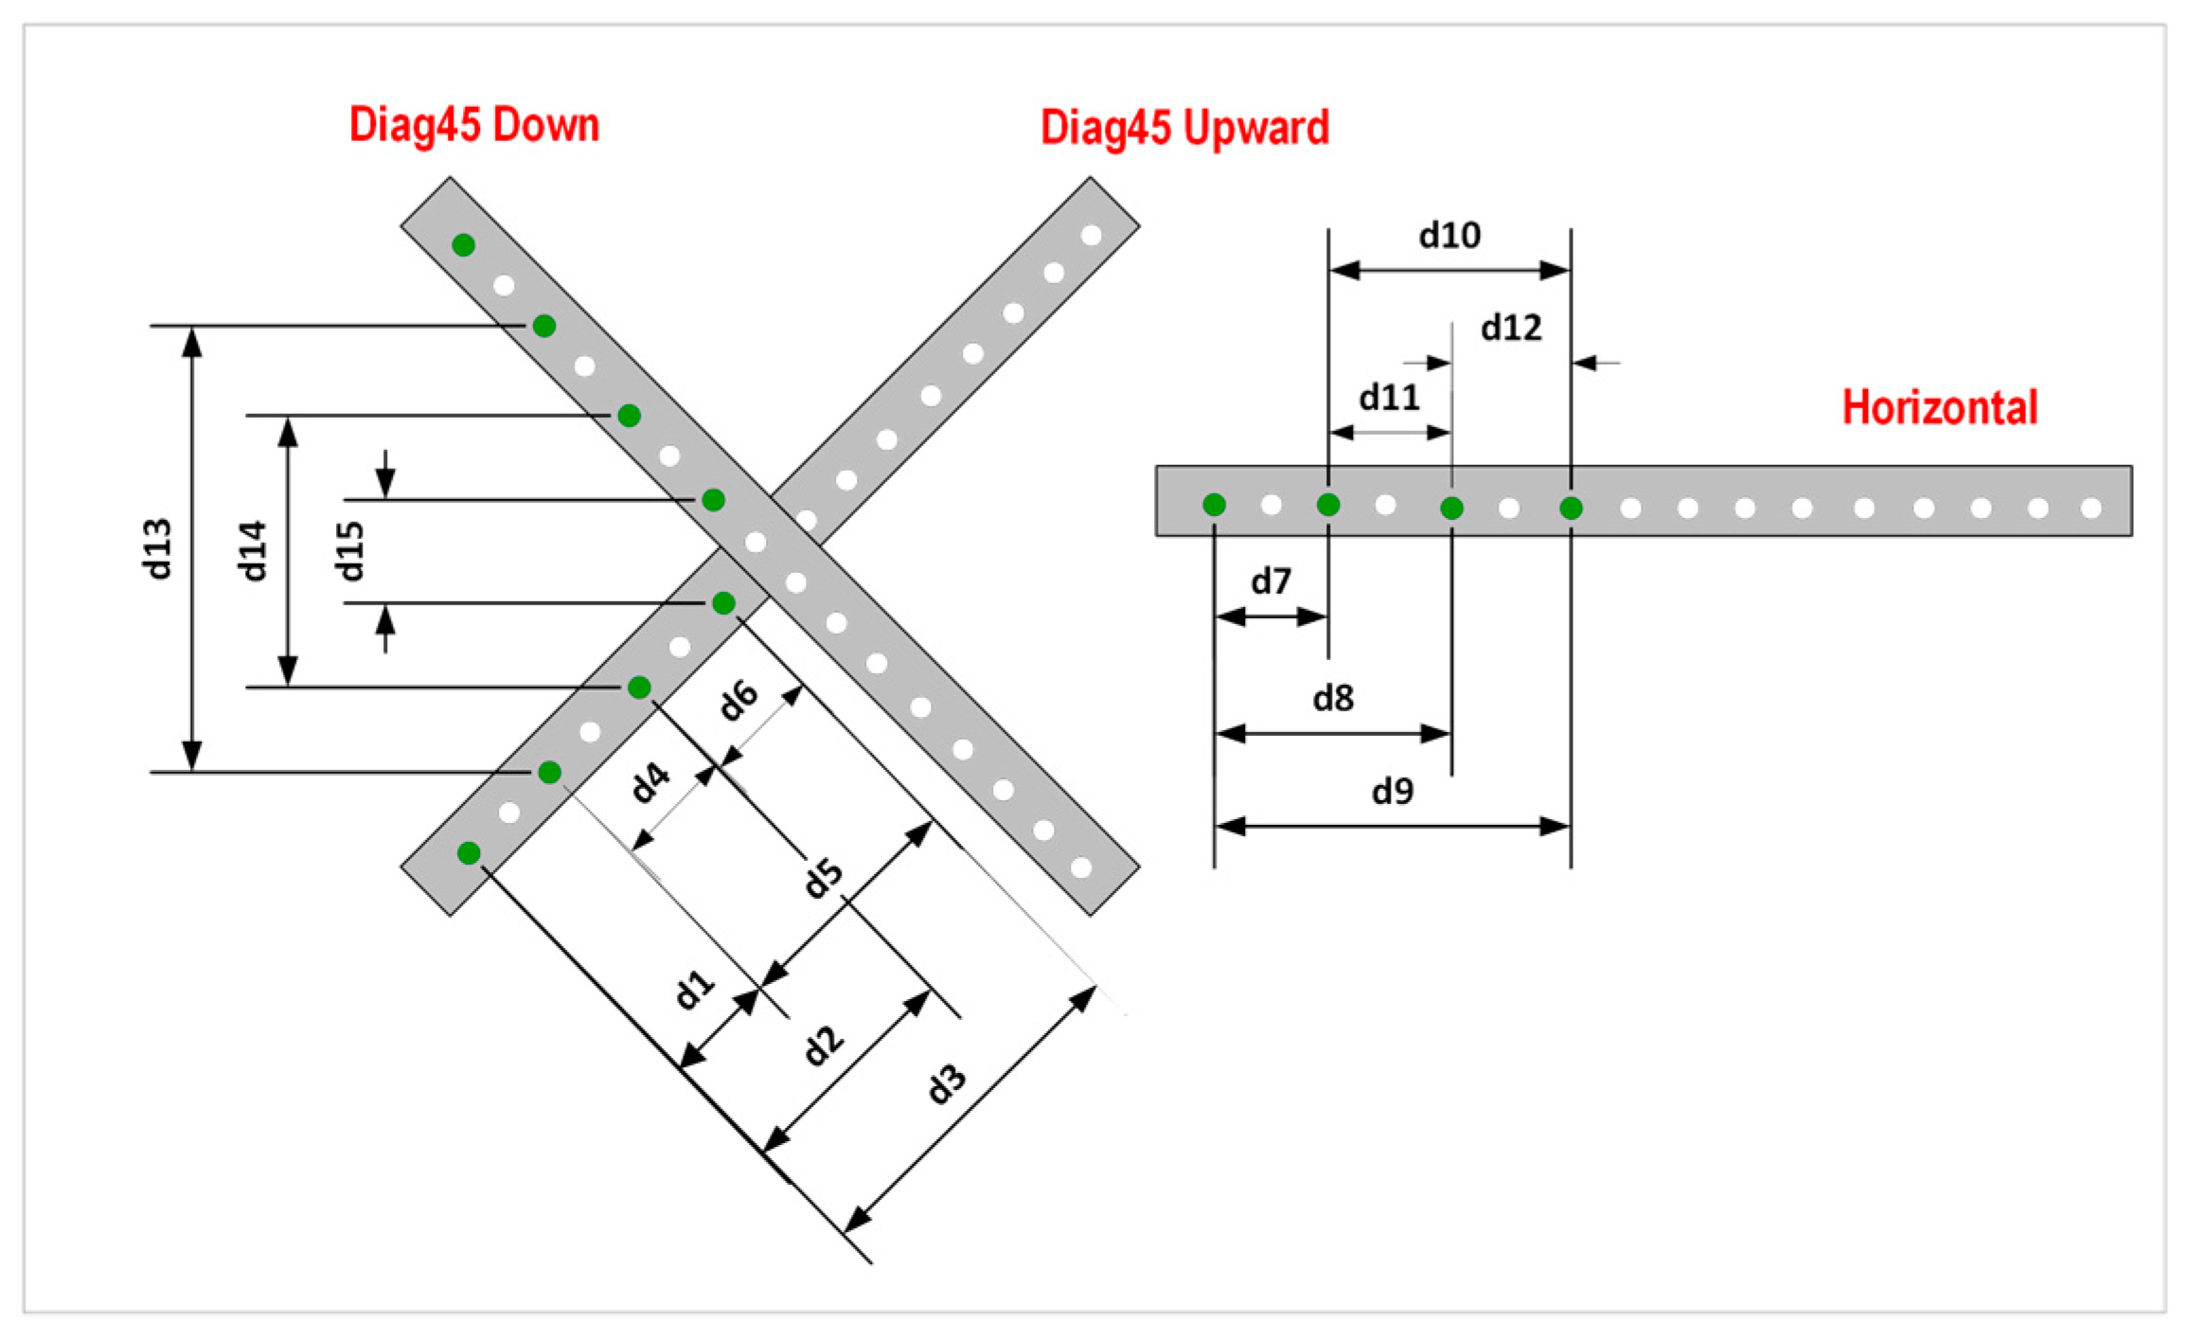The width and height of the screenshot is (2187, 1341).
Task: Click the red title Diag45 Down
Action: coord(474,126)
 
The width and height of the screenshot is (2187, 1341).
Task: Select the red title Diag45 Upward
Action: coord(1184,128)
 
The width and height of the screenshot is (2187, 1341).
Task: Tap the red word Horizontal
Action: coord(1939,408)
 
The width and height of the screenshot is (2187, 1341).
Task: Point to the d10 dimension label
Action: coord(1449,235)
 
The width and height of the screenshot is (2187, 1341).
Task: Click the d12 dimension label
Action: coord(1511,328)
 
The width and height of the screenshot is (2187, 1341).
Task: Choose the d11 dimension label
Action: coord(1389,398)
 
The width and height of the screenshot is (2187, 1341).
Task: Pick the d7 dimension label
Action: coord(1271,581)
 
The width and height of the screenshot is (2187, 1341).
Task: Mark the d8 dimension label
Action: coord(1333,699)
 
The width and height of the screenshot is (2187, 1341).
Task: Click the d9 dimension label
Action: coord(1393,791)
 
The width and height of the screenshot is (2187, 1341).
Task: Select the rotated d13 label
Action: coord(157,549)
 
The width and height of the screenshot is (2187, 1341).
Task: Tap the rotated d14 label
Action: coord(252,550)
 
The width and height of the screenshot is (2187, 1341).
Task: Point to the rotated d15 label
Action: coord(349,550)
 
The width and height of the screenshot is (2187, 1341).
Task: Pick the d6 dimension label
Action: coord(738,700)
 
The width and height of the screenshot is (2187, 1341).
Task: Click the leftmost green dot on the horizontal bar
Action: coord(1214,506)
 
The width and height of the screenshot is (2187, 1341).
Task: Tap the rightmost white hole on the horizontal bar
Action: coord(2091,509)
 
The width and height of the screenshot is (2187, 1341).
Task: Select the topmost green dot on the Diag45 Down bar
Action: coord(463,245)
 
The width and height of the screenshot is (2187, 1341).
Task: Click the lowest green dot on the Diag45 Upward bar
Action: coord(469,853)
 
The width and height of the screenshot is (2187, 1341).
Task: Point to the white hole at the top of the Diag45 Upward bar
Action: coord(1091,235)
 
